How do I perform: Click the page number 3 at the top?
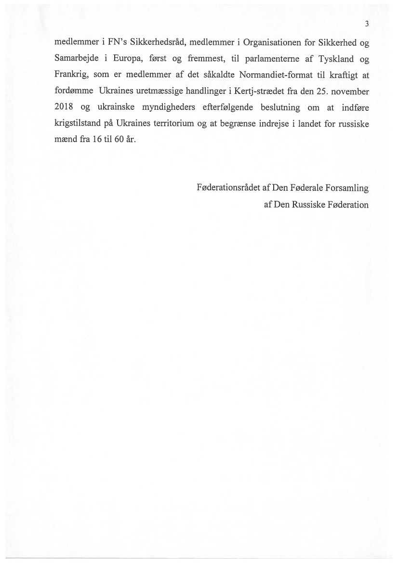point(367,24)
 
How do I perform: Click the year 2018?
point(65,108)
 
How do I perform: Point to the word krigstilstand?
point(79,124)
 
